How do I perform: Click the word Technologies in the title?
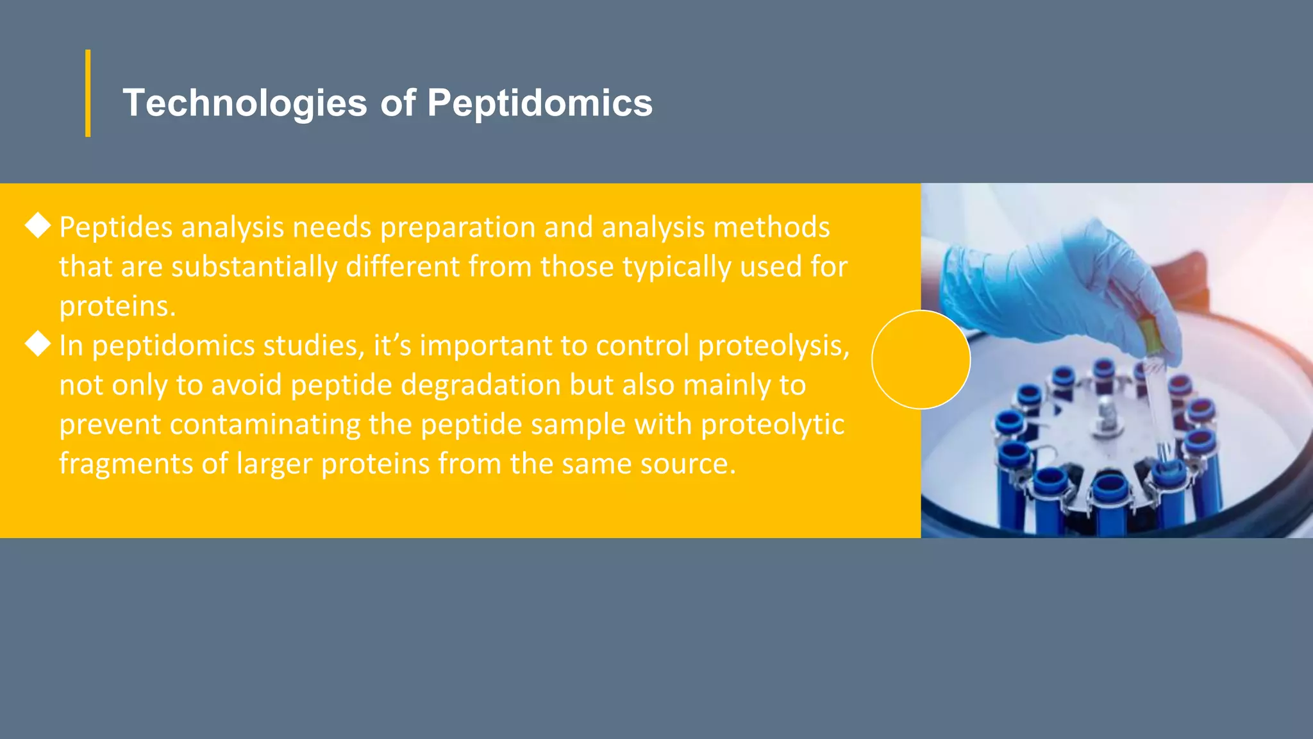pos(244,103)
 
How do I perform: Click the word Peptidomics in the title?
pos(539,103)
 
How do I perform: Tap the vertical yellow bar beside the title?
pos(88,93)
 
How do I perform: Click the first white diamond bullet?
pos(38,225)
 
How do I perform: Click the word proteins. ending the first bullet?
pos(117,307)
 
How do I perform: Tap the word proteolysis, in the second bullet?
pos(773,346)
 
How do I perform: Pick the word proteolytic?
pos(772,425)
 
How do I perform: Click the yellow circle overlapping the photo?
pos(921,359)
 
